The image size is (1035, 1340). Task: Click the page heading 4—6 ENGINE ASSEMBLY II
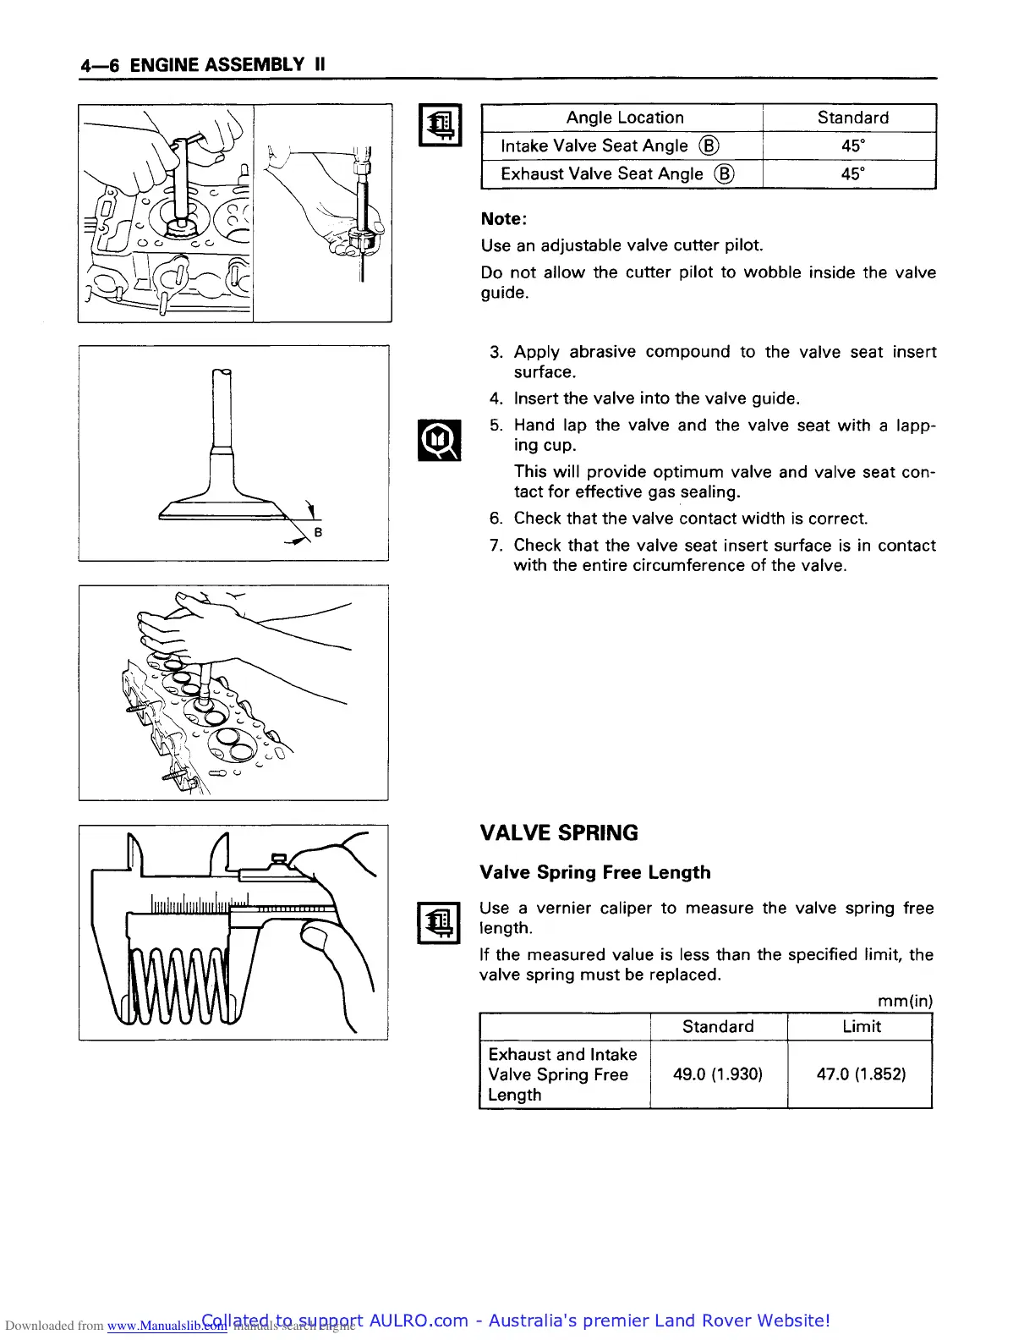pos(203,65)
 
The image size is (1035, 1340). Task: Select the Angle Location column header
pos(624,118)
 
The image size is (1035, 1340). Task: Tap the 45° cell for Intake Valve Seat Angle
pos(852,146)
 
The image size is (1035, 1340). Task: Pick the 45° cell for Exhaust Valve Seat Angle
pos(852,173)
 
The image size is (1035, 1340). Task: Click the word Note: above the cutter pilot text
pos(503,219)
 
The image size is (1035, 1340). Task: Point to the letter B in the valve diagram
pos(318,532)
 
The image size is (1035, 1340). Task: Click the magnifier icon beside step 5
pos(440,440)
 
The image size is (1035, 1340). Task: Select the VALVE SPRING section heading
pos(559,833)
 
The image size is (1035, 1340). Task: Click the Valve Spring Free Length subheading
pos(594,872)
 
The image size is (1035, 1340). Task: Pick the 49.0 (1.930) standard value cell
pos(717,1074)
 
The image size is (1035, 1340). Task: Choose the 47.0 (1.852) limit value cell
pos(861,1074)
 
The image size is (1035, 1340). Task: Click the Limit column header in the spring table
pos(861,1026)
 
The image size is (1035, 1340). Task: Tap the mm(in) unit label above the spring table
pos(905,1001)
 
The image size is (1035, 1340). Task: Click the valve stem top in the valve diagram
pos(222,374)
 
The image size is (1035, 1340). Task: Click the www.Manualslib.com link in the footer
pos(167,1326)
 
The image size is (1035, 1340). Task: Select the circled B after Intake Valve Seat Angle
pos(709,146)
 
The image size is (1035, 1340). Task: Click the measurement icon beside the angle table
pos(440,125)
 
